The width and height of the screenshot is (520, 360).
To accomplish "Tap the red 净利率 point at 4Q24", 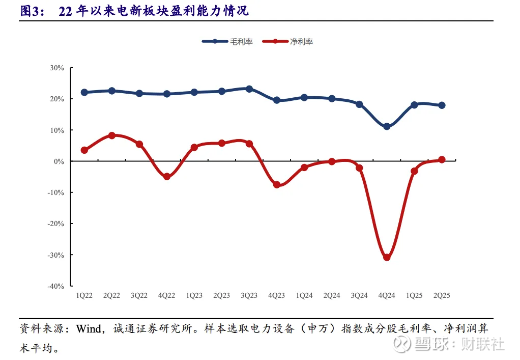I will click(x=387, y=257).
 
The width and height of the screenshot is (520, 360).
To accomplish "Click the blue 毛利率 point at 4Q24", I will click(x=387, y=126).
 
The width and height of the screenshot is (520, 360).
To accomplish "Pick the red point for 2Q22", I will click(x=112, y=135).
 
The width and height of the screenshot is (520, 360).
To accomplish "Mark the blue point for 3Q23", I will click(x=249, y=89).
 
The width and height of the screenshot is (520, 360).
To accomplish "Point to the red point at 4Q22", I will click(x=167, y=177).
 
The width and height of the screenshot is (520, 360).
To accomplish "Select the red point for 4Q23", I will click(x=277, y=185).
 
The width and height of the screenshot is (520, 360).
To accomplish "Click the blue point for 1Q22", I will click(x=84, y=92).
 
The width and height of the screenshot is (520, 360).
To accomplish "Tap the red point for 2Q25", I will click(x=442, y=159).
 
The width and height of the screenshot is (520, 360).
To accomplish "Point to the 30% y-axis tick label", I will click(x=56, y=68).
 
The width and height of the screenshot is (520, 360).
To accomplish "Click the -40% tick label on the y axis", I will click(x=55, y=286).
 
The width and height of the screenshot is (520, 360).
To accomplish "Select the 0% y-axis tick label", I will click(x=59, y=161).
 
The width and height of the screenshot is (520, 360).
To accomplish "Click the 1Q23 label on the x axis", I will click(x=194, y=295).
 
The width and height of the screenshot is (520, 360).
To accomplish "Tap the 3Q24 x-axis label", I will click(x=359, y=295).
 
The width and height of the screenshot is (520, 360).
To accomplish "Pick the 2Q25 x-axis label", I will click(x=442, y=295).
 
